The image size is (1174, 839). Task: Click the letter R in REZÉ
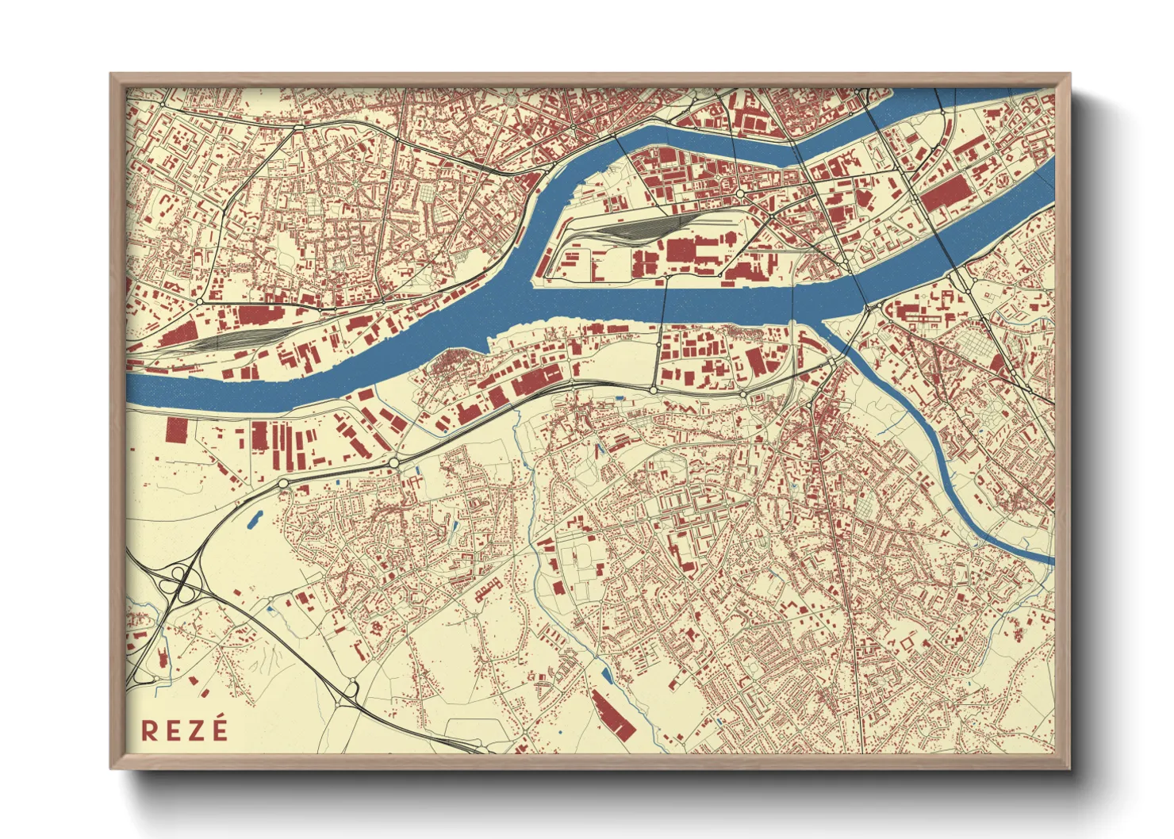(149, 730)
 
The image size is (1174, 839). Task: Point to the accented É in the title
(218, 728)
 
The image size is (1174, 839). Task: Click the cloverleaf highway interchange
(182, 586)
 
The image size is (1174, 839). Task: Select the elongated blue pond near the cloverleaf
(256, 519)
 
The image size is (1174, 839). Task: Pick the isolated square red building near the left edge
(176, 430)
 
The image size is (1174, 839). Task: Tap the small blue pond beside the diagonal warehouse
(607, 676)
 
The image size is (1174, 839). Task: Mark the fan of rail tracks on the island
(635, 229)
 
